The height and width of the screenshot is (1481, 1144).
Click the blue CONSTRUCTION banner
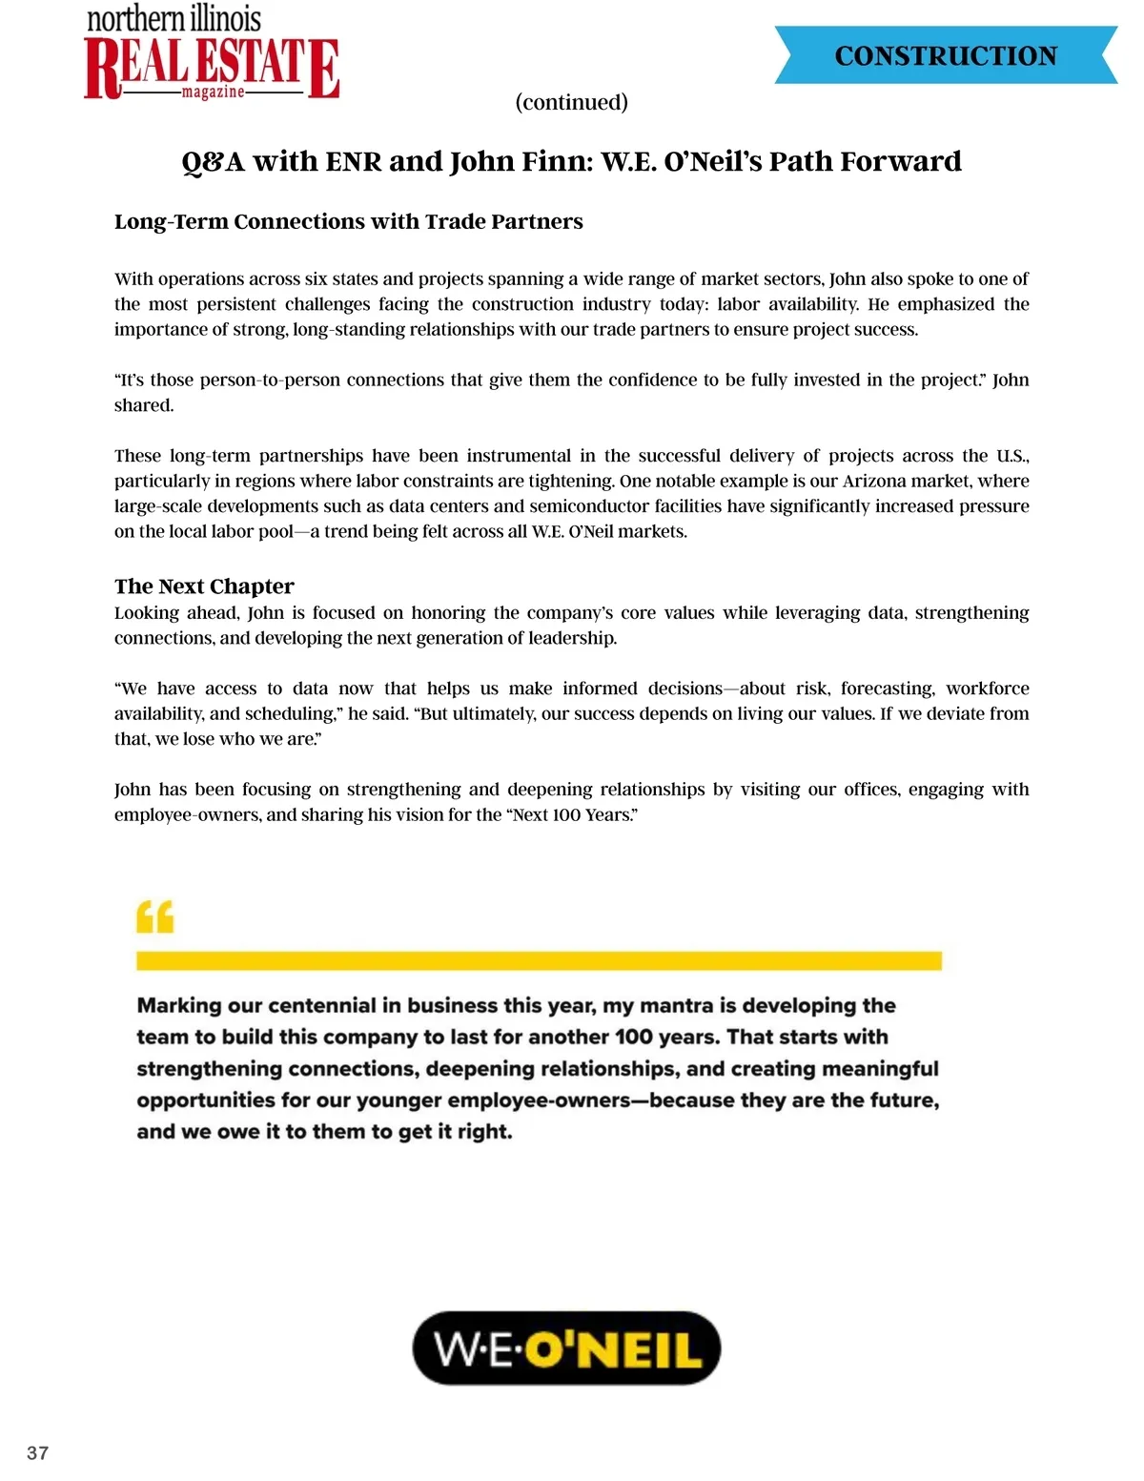(946, 55)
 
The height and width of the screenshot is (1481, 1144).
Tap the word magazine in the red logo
(213, 93)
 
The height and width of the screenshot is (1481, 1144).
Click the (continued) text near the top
(571, 102)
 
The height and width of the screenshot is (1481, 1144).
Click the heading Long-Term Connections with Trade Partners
(348, 221)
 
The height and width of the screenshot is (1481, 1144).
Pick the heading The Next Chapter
(204, 586)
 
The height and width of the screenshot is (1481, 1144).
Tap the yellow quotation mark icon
(155, 916)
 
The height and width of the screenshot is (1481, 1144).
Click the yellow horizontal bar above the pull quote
(539, 960)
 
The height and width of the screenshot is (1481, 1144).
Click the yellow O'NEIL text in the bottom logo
(613, 1349)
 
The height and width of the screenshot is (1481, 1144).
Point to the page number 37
(38, 1452)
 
